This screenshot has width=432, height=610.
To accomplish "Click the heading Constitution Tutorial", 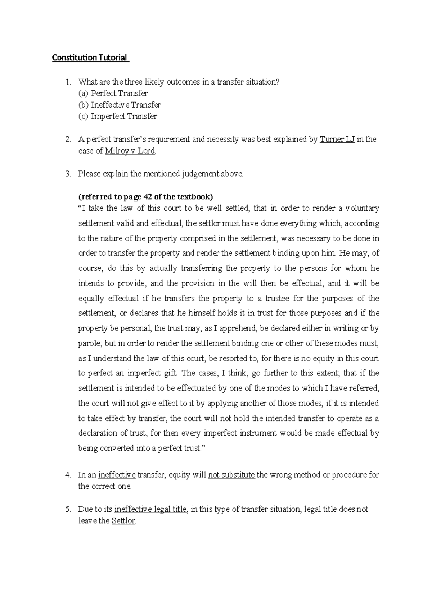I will [x=90, y=58].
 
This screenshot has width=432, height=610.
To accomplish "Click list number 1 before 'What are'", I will [x=68, y=82].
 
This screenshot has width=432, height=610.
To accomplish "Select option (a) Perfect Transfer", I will [x=113, y=94].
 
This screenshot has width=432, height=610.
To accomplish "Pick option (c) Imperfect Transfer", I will [x=117, y=117].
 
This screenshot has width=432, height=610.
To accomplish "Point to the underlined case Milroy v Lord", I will [x=130, y=151].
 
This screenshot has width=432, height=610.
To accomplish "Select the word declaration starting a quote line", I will [x=95, y=433].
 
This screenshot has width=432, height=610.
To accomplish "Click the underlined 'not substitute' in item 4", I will [x=231, y=475].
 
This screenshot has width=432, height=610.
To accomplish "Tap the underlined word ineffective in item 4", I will [x=117, y=475].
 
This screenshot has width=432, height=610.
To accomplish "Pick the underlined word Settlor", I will [x=123, y=521].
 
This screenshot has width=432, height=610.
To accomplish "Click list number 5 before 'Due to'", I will [x=68, y=510].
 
